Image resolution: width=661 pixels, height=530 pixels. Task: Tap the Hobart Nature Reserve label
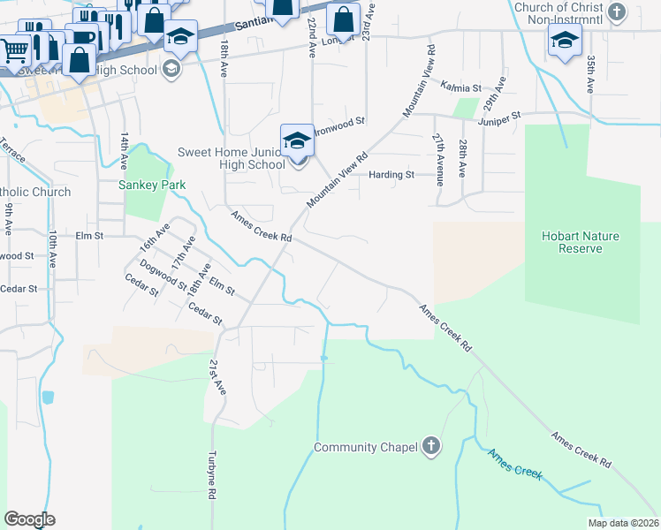581,242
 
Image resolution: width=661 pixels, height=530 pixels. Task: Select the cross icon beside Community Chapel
430,446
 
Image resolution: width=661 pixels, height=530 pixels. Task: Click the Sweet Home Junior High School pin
298,141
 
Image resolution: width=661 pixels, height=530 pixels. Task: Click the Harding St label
391,175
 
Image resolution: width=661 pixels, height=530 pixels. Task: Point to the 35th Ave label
589,73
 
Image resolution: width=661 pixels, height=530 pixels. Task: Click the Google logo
29,519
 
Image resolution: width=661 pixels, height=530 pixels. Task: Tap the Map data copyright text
623,523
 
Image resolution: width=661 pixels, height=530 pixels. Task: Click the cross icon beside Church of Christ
618,12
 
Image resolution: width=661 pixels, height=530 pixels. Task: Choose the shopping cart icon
13,51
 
